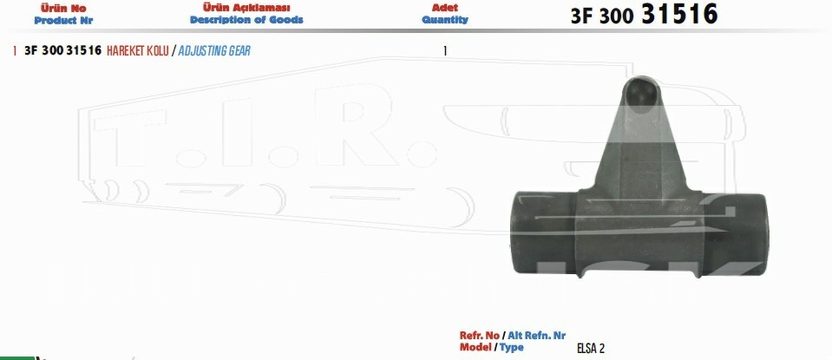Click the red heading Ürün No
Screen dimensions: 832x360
63,9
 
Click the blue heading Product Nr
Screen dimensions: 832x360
63,21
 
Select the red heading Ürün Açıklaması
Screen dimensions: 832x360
246,8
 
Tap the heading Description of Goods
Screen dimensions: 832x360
246,20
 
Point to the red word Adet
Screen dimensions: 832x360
445,8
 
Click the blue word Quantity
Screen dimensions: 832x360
445,20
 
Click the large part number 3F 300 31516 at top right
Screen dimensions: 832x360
644,15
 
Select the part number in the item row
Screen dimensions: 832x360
62,51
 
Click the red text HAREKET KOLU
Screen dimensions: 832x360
138,51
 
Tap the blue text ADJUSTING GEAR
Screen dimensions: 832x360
214,51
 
